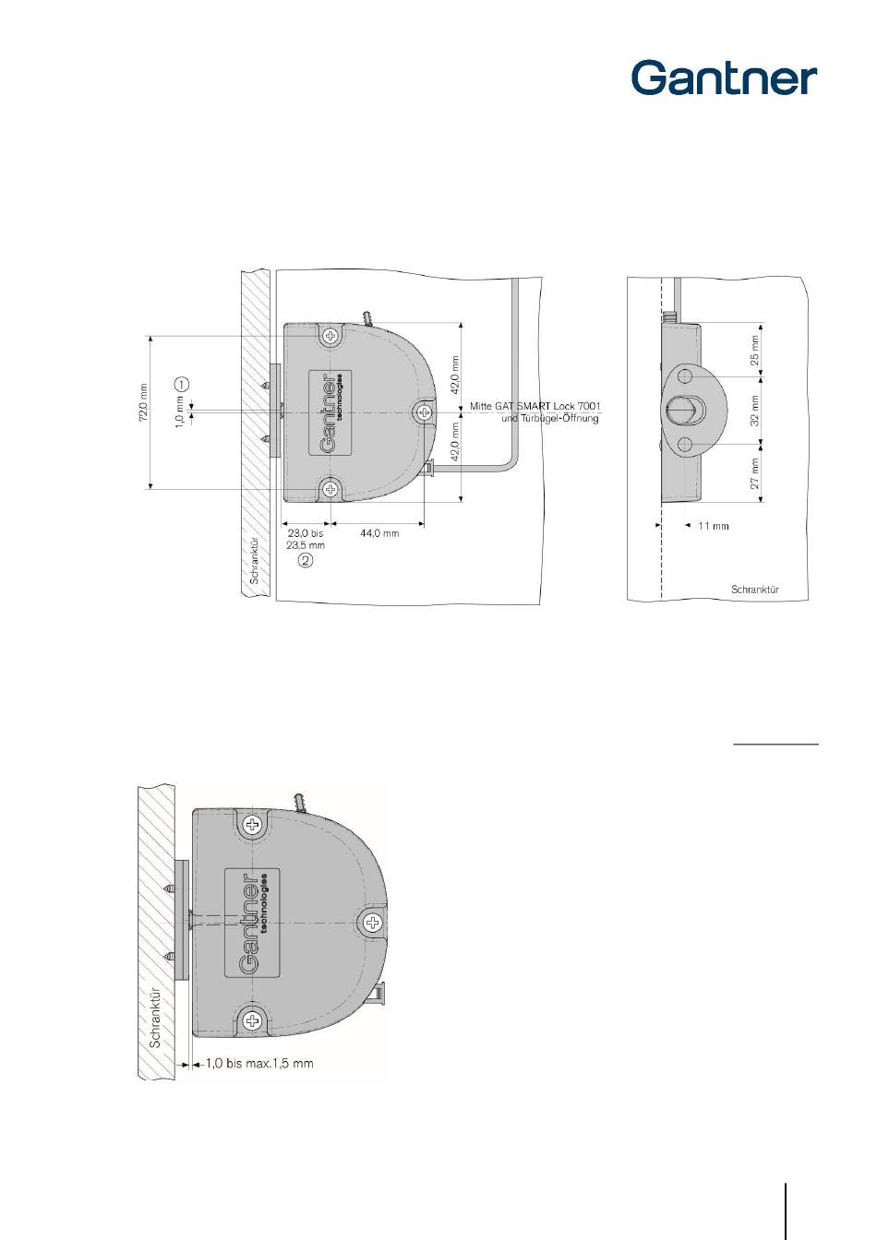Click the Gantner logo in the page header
pyautogui.click(x=724, y=78)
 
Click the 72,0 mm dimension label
pyautogui.click(x=143, y=403)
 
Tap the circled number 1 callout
pyautogui.click(x=182, y=384)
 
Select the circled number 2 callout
pyautogui.click(x=306, y=560)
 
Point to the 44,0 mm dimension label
pyautogui.click(x=379, y=533)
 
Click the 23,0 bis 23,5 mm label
pyautogui.click(x=306, y=539)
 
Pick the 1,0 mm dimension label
pyautogui.click(x=179, y=411)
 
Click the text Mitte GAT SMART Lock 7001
pyautogui.click(x=535, y=406)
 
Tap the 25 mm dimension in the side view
pyautogui.click(x=754, y=351)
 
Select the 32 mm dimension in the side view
pyautogui.click(x=754, y=411)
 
